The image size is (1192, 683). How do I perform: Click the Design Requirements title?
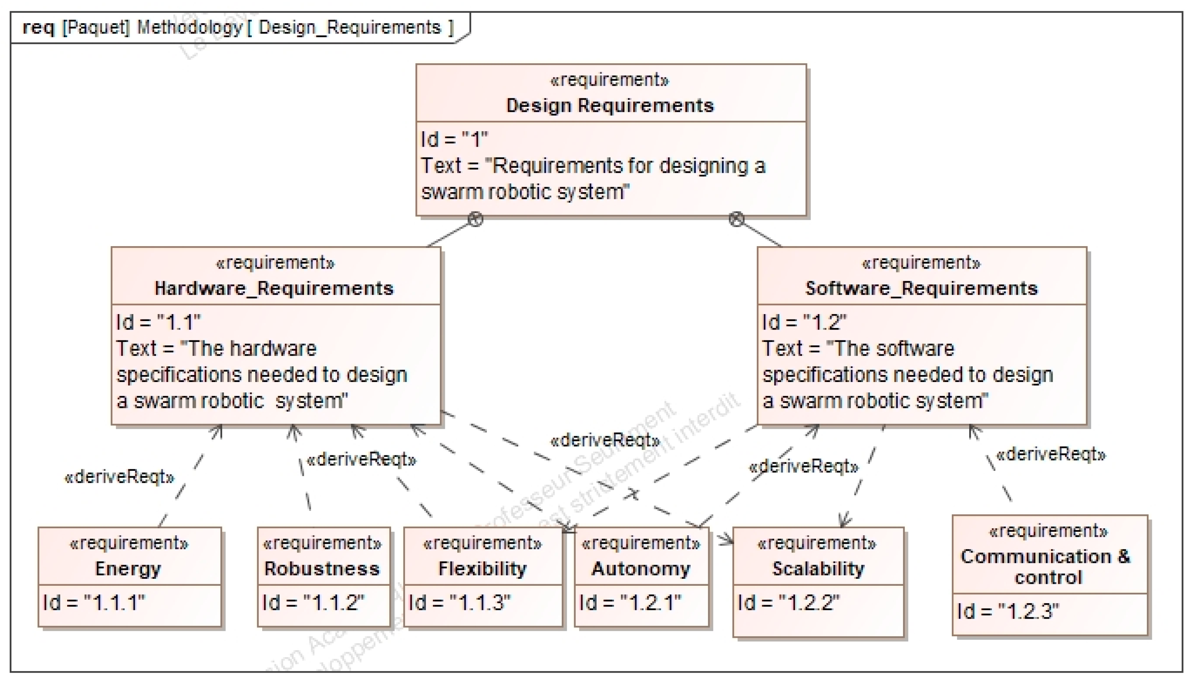coord(610,106)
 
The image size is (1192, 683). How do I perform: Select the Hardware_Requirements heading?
coord(274,288)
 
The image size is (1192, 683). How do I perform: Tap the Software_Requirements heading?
coord(921,288)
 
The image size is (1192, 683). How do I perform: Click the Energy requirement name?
coord(128,568)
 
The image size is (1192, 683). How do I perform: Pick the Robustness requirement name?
coord(322,568)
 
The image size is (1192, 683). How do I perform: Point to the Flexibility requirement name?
coord(482,568)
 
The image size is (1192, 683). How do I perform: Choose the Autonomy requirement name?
coord(641,568)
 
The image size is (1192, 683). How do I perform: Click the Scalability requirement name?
coord(818,568)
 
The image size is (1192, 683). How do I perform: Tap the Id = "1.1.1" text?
coord(94,603)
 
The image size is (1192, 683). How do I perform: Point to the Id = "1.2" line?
coord(804,323)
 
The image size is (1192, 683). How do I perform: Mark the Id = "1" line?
coord(454,140)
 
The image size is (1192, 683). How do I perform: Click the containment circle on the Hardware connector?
coord(475,219)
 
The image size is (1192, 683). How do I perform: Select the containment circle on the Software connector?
coord(736,219)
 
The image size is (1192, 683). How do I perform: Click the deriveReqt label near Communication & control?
coord(1051,455)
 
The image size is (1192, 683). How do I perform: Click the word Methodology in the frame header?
coord(190,27)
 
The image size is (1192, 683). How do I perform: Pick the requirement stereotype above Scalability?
coord(817,543)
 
